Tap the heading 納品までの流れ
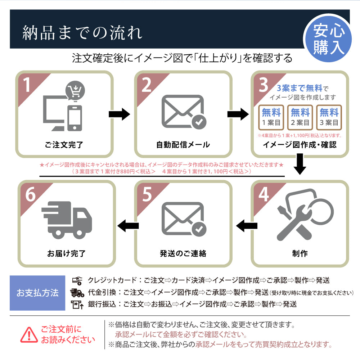click(x=82, y=32)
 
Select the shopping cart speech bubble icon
click(x=75, y=91)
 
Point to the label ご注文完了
click(x=64, y=145)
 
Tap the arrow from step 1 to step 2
click(x=119, y=114)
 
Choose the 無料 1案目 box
click(x=271, y=117)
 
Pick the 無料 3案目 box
click(x=329, y=117)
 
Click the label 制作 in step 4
click(x=300, y=253)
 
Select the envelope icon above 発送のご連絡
click(x=183, y=219)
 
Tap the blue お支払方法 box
click(x=37, y=293)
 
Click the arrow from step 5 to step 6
click(x=128, y=226)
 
